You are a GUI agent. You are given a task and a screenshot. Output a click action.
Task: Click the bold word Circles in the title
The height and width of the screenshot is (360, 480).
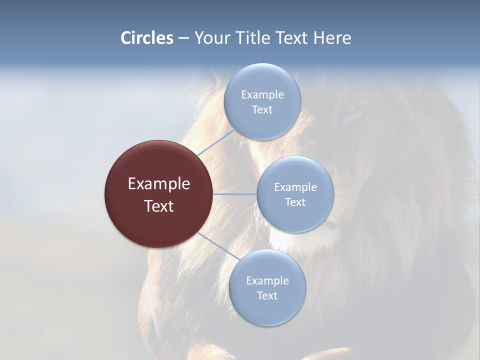[146, 38]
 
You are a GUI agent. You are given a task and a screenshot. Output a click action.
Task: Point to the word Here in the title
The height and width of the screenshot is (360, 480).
[332, 38]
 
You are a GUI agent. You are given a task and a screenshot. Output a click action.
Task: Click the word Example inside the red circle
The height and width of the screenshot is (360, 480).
[159, 184]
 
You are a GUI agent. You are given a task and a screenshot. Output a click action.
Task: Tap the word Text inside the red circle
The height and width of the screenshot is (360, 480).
[159, 206]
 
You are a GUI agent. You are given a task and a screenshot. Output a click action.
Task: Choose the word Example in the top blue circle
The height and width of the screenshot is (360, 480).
[262, 95]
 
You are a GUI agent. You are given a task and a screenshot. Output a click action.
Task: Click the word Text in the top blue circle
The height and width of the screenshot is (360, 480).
[262, 110]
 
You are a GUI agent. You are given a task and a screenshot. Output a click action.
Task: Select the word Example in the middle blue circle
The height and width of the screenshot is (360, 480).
[295, 187]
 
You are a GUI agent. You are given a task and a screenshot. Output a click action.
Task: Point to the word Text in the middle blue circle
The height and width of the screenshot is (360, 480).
[295, 202]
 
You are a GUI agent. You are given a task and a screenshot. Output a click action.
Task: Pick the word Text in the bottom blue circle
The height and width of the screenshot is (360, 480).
[267, 296]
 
